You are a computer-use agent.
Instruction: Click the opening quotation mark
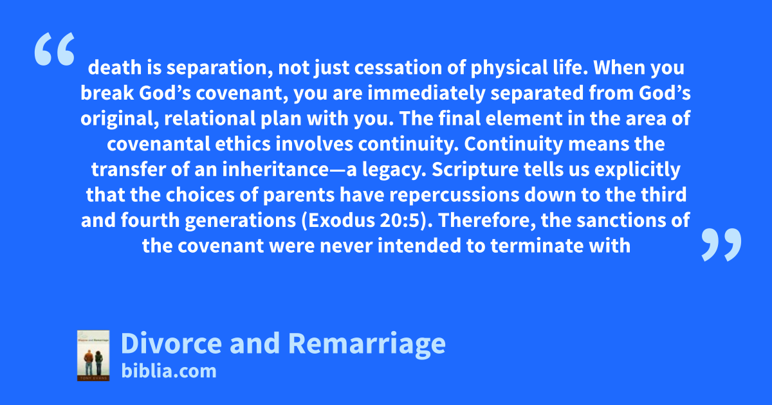[x=55, y=49]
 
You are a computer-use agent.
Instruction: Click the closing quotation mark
[x=721, y=244]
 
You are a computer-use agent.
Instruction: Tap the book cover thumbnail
[x=93, y=355]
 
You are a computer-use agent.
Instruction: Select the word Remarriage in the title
[x=367, y=345]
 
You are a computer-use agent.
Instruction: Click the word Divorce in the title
[x=171, y=343]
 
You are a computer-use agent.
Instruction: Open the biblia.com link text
[x=169, y=372]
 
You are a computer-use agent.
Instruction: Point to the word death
[x=115, y=67]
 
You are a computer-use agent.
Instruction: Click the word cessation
[x=398, y=67]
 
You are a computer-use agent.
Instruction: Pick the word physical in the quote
[x=509, y=68]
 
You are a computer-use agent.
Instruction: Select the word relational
[x=210, y=119]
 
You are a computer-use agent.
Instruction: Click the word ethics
[x=243, y=144]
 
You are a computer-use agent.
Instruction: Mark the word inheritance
[x=275, y=170]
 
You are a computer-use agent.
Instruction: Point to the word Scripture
[x=475, y=170]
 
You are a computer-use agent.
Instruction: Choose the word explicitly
[x=638, y=170]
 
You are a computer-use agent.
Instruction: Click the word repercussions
[x=454, y=195]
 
